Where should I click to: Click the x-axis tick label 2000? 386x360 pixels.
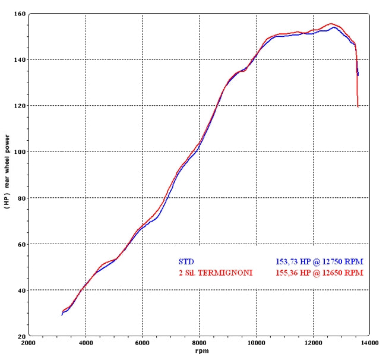click(29, 343)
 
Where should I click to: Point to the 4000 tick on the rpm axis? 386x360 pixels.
click(86, 343)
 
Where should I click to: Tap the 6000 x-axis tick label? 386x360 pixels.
click(143, 343)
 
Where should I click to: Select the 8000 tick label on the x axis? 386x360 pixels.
click(200, 343)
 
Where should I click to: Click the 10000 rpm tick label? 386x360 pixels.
click(257, 343)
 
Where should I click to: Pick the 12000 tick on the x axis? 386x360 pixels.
click(313, 343)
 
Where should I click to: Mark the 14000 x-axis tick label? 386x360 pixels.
click(370, 343)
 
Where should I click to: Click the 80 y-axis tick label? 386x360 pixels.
click(21, 198)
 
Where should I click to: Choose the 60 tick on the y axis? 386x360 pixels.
click(21, 244)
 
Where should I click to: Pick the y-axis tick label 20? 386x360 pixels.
click(21, 336)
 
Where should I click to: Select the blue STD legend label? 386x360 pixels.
click(186, 261)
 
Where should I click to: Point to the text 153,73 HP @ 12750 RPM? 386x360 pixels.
click(319, 261)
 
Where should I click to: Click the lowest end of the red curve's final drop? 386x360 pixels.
click(358, 107)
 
